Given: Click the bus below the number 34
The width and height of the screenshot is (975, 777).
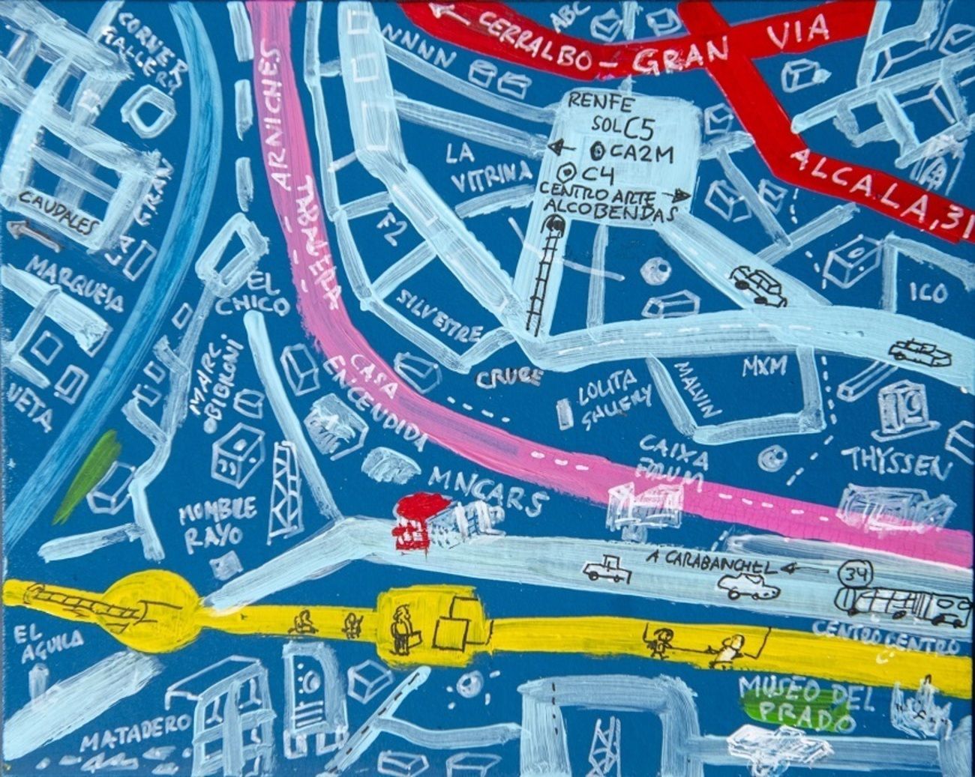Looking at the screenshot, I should [x=900, y=606].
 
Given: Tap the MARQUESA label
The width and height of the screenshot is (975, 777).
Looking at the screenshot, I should [x=77, y=285].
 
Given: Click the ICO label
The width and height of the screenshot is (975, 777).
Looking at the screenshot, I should [x=928, y=292].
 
